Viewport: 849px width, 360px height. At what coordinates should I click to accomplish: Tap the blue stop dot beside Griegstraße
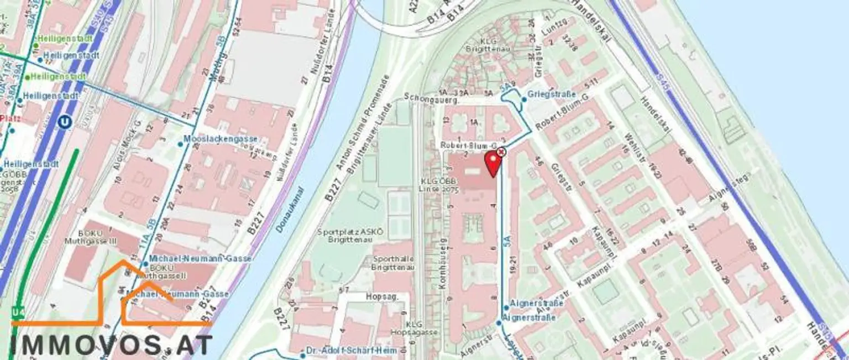tap(524, 100)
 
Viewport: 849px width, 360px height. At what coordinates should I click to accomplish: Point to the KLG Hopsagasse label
tap(422, 328)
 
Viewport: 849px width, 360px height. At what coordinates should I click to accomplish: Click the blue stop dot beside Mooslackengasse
tap(180, 144)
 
